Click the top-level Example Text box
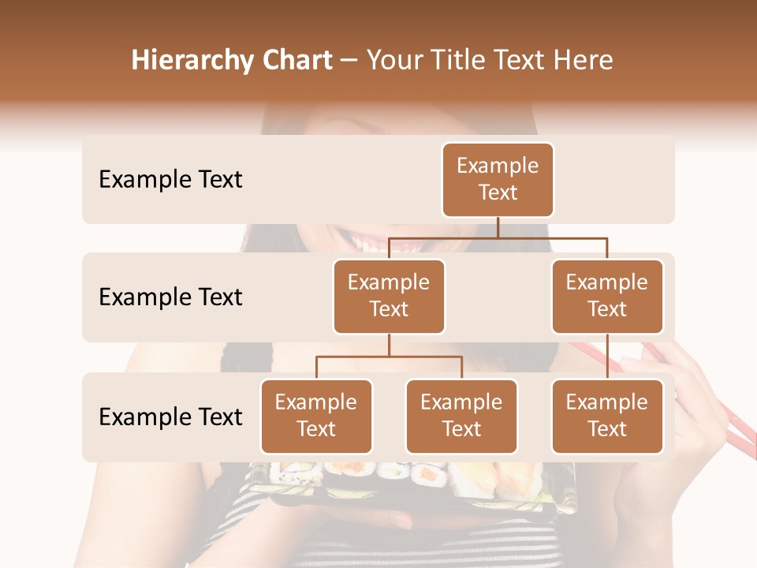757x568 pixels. tap(498, 180)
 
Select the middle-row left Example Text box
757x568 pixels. tap(389, 297)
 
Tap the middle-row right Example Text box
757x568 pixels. tap(607, 297)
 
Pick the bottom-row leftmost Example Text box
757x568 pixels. tap(316, 417)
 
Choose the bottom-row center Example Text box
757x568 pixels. tap(461, 417)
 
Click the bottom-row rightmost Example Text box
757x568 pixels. tap(607, 417)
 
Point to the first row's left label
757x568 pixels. tap(170, 180)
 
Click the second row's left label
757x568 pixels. tap(170, 297)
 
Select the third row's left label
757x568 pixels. tap(170, 417)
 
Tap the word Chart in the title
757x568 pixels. tap(298, 60)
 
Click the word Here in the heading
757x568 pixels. tap(584, 60)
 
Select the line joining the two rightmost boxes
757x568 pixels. tap(607, 357)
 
